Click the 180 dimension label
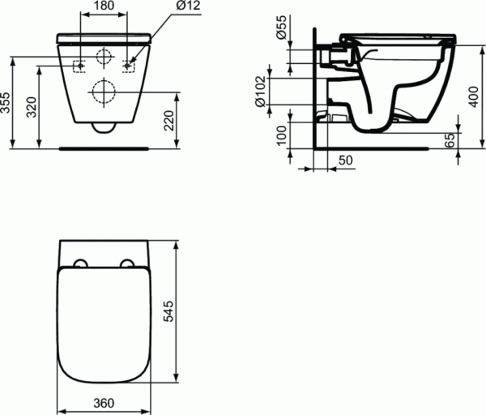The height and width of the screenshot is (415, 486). [103, 7]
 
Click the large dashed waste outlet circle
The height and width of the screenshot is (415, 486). [103, 91]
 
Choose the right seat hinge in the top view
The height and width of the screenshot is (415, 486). [127, 263]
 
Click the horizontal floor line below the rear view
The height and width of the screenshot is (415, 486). [103, 148]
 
